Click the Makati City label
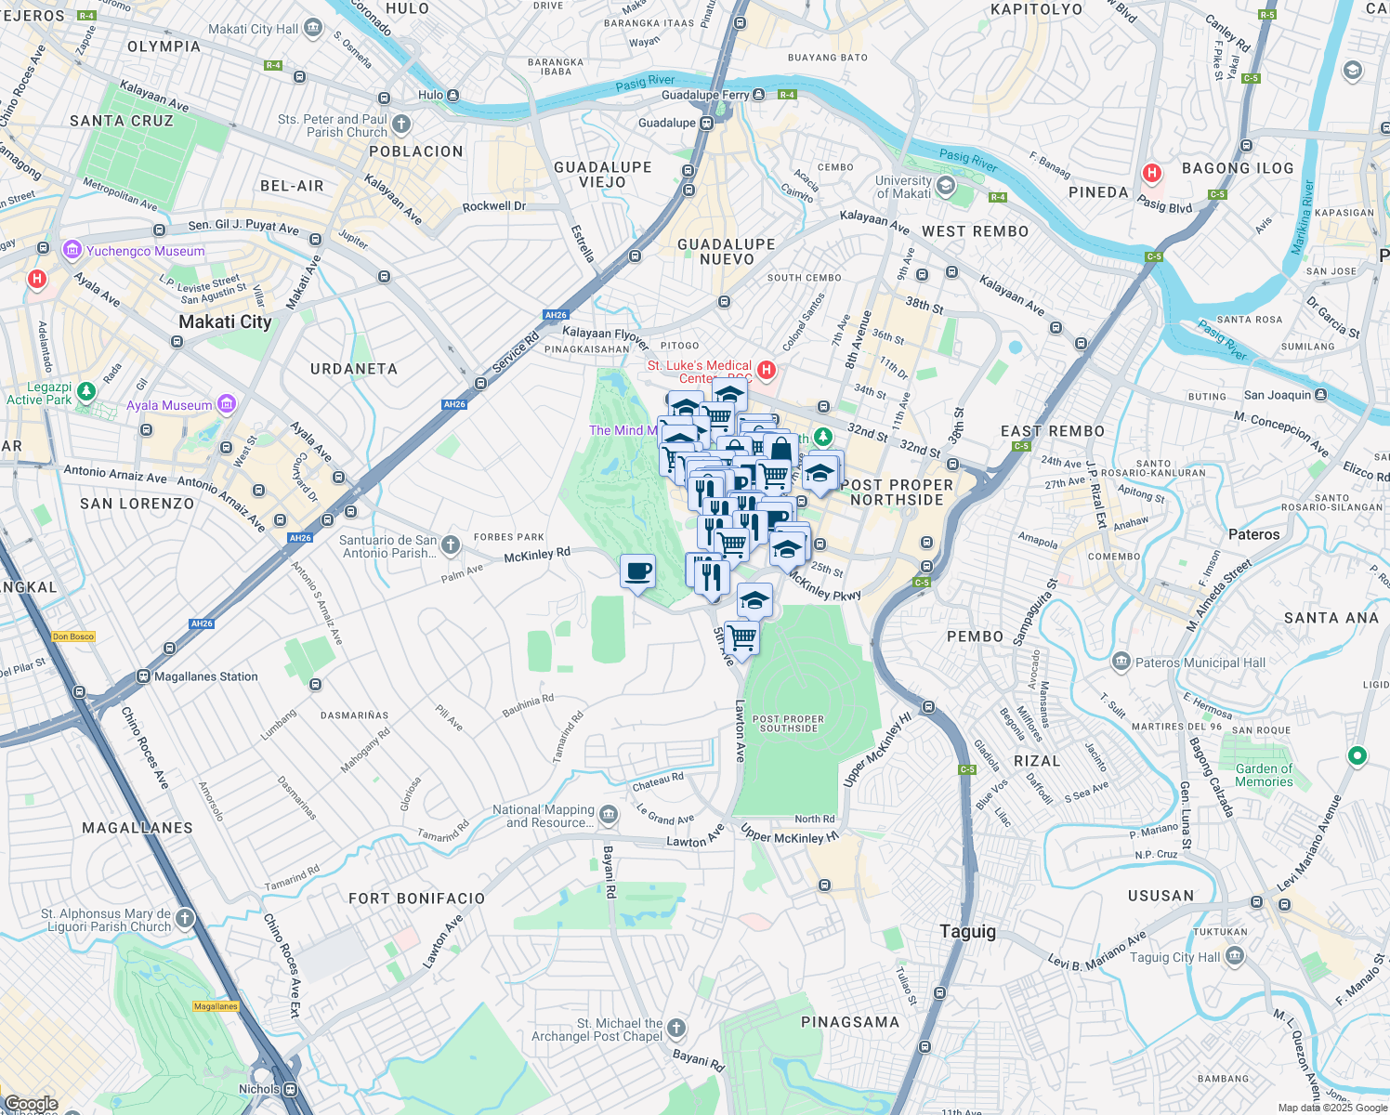click(x=225, y=322)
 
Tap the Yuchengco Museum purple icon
click(x=72, y=251)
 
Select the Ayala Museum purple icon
click(x=226, y=404)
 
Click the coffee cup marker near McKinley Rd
click(x=637, y=571)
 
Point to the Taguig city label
click(x=967, y=932)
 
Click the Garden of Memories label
click(x=1264, y=775)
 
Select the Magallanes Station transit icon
click(x=143, y=676)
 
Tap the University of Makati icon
click(x=945, y=186)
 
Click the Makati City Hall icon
click(x=313, y=29)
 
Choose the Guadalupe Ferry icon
click(x=759, y=95)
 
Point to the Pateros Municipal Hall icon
click(x=1121, y=662)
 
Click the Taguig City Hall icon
click(x=1234, y=956)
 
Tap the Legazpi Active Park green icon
click(x=86, y=392)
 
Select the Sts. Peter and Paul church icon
click(x=400, y=124)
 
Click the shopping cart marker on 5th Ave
click(x=741, y=638)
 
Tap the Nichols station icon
click(x=291, y=1089)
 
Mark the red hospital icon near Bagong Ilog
click(x=1152, y=173)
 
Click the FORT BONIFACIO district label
click(x=416, y=899)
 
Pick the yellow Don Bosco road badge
click(x=73, y=636)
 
